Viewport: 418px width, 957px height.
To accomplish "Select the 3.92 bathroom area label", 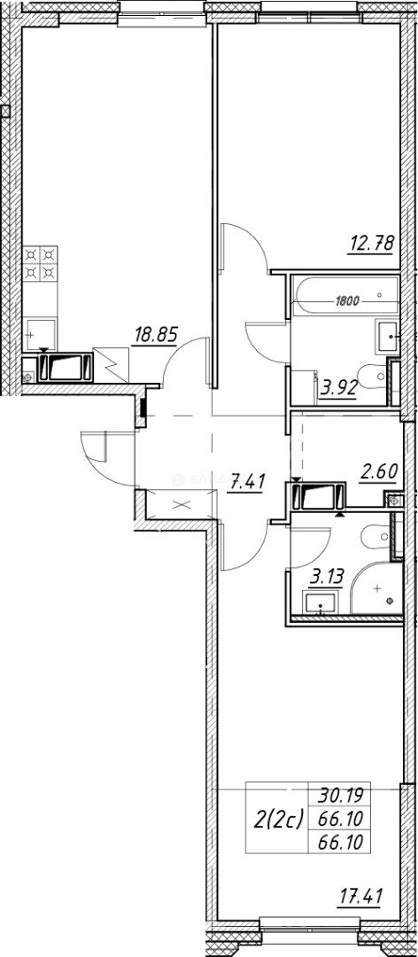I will [338, 386].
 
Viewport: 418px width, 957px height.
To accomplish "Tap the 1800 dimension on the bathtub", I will [346, 300].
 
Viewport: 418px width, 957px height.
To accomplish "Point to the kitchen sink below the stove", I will [41, 335].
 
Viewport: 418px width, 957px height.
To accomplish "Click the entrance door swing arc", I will [99, 457].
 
